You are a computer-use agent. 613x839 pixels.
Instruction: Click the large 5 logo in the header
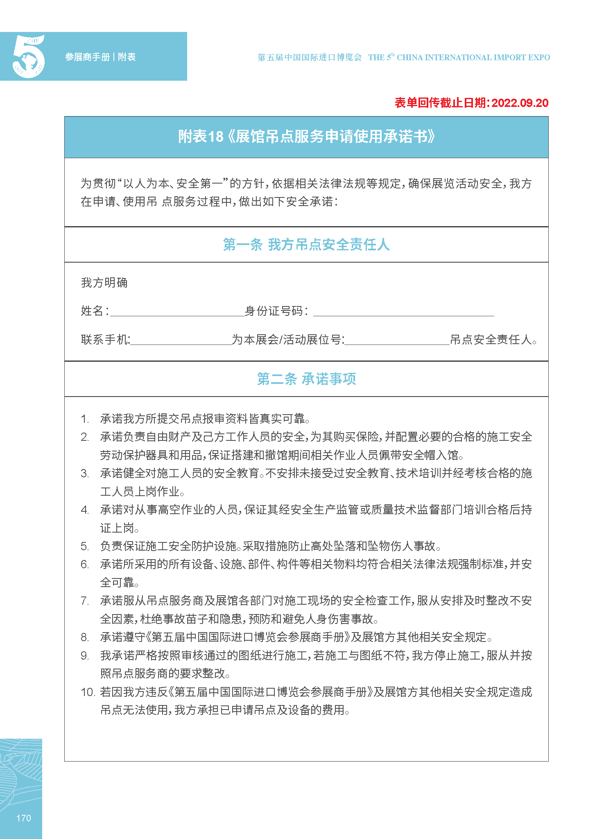click(28, 57)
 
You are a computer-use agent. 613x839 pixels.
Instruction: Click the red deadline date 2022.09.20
click(520, 103)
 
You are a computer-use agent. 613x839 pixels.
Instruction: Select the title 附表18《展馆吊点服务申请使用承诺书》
click(306, 137)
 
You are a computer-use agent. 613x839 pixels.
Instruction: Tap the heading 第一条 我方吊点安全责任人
click(306, 245)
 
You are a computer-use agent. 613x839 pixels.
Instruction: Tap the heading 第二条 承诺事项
click(306, 379)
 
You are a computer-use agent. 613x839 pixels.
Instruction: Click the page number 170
click(23, 818)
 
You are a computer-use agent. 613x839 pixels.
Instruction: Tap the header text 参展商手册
click(87, 57)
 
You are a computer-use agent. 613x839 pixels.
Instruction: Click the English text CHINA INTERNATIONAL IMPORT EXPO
click(473, 57)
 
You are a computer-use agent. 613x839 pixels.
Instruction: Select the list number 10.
click(88, 692)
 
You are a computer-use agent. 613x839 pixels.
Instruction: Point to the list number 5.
click(84, 546)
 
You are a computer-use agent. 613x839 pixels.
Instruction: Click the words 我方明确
click(104, 283)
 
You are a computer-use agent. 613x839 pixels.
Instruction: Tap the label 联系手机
click(105, 340)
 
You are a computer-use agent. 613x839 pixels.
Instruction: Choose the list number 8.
click(84, 637)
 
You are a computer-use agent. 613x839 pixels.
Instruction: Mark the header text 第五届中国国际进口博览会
click(310, 57)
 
